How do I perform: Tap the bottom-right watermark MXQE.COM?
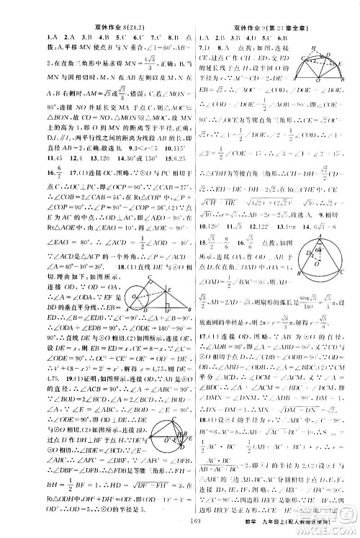(x=336, y=523)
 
